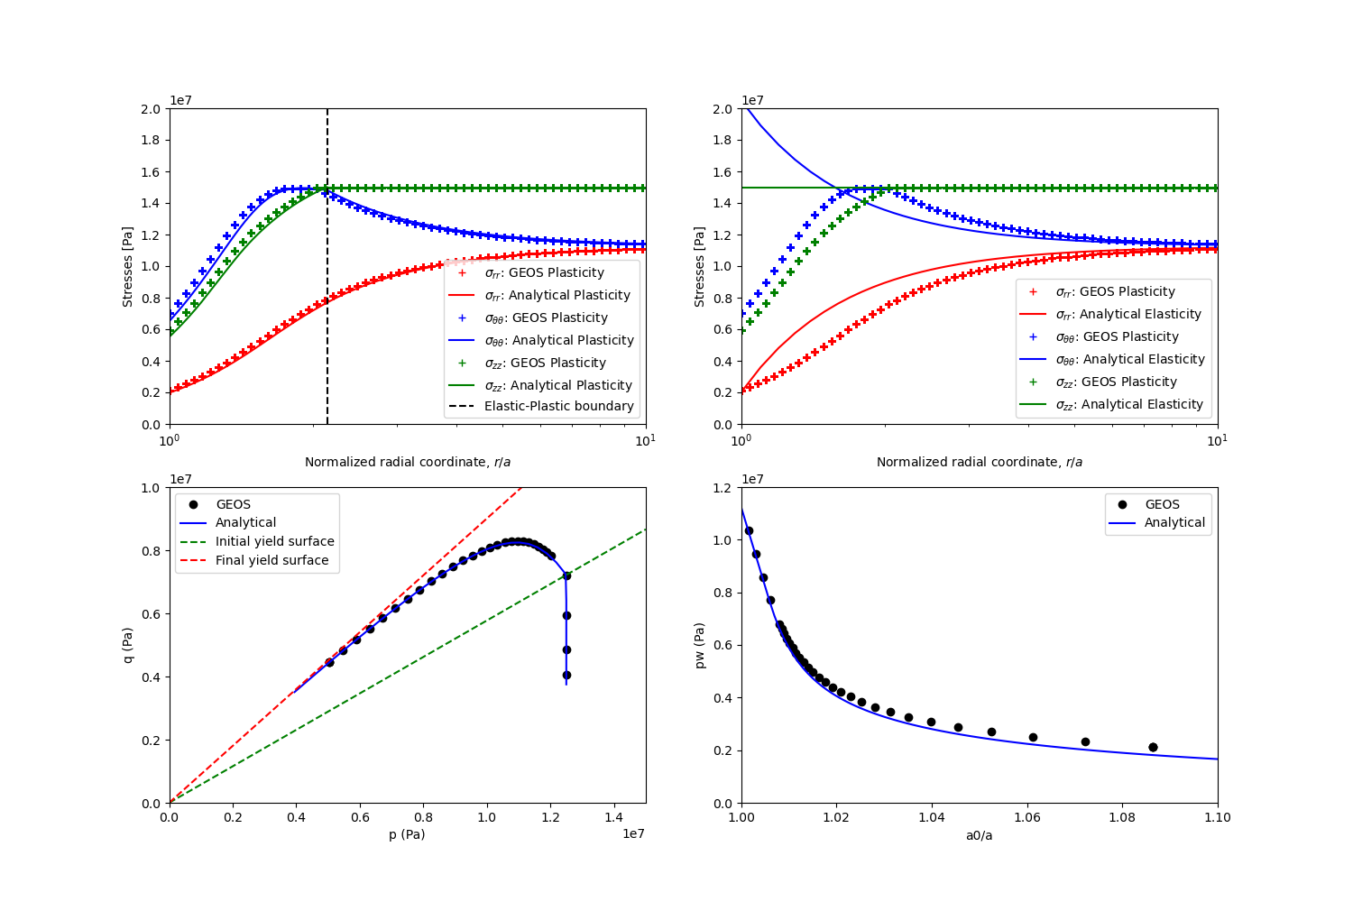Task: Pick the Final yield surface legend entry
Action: [x=272, y=561]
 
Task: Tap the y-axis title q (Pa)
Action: [x=128, y=645]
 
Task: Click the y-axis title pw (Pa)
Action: [x=700, y=645]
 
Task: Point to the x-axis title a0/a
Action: [x=979, y=835]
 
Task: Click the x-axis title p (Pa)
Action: [x=407, y=835]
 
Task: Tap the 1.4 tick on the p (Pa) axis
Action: [x=613, y=817]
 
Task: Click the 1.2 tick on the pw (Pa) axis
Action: [x=723, y=488]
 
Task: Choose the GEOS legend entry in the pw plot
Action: [x=1162, y=505]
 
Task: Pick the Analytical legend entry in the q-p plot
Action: [x=245, y=523]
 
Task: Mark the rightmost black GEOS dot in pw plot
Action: [x=1153, y=747]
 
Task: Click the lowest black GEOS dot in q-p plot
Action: [x=566, y=675]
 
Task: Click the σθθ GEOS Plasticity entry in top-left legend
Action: [x=546, y=318]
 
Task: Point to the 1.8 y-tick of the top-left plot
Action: [x=152, y=141]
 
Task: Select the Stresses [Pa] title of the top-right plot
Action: [x=700, y=266]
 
